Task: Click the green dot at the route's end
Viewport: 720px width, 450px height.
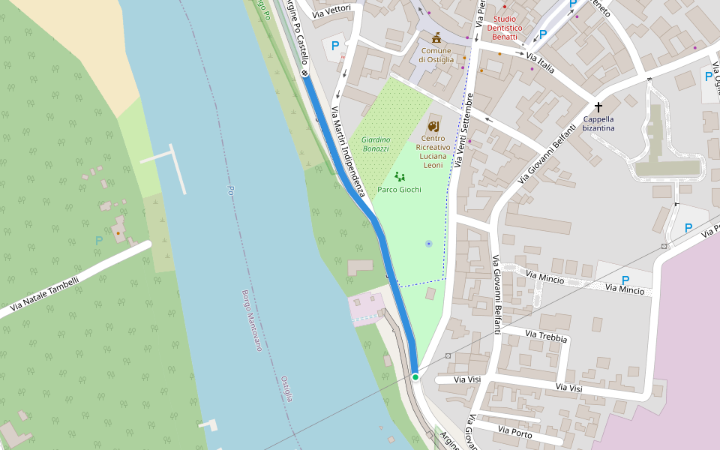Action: [415, 376]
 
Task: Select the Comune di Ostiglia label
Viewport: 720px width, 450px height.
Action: [436, 55]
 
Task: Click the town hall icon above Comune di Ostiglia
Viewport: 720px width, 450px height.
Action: [436, 37]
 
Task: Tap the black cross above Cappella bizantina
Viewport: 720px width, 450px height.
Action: [598, 107]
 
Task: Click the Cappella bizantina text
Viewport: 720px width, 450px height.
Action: [598, 123]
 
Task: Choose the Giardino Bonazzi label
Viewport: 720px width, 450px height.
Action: [375, 144]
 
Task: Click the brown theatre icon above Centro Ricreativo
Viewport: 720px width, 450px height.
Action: [433, 126]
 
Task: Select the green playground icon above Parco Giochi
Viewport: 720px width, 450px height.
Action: [400, 177]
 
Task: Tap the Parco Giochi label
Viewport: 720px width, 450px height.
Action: [399, 190]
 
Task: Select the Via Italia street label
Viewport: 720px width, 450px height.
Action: [540, 62]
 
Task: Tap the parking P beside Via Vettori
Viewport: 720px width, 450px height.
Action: [335, 46]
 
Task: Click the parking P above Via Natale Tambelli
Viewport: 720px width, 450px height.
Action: [98, 240]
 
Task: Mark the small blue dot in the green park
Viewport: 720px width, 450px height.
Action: [428, 244]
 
